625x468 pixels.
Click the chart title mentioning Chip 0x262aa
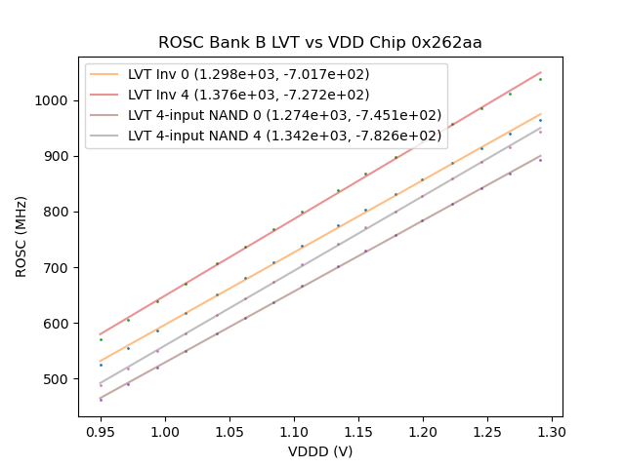coord(320,43)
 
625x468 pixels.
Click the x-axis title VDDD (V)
coord(320,451)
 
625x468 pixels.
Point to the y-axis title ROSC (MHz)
coord(21,234)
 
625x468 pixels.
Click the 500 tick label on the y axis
coord(59,379)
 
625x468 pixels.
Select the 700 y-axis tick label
coord(59,268)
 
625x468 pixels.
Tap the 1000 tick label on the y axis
coord(55,100)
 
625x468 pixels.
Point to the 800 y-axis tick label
coord(59,212)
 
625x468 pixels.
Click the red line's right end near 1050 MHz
coord(540,71)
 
